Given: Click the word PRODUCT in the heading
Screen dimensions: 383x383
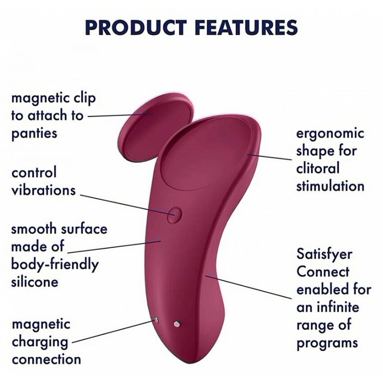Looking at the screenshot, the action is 136,27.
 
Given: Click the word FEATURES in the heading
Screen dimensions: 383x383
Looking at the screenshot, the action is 247,27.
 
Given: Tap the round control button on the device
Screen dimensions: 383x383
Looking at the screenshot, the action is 174,214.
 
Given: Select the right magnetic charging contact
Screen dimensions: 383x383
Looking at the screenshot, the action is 177,324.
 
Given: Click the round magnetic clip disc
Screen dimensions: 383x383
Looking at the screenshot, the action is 155,128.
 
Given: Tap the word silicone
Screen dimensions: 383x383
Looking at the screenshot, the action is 35,282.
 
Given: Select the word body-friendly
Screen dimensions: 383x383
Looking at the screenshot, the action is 55,265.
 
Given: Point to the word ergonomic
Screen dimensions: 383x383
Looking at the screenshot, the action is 330,134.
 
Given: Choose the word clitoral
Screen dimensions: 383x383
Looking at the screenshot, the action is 318,168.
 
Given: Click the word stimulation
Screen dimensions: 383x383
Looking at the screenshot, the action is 330,186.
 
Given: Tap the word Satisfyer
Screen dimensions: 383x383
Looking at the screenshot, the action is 324,255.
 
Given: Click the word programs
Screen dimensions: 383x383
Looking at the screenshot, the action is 327,343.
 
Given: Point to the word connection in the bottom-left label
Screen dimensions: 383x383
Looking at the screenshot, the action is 46,359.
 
